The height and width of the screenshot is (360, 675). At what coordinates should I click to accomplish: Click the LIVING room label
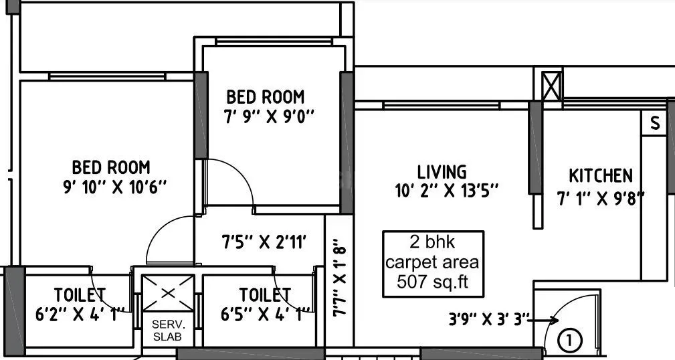pyautogui.click(x=442, y=172)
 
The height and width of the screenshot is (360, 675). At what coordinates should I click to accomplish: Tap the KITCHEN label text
pyautogui.click(x=600, y=176)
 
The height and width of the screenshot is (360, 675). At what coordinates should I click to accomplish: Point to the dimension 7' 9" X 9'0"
pyautogui.click(x=269, y=116)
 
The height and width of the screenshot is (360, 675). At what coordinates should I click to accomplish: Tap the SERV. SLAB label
pyautogui.click(x=167, y=331)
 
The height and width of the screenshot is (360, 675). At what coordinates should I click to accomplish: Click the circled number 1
pyautogui.click(x=569, y=341)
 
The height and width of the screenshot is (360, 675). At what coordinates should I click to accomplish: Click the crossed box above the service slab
pyautogui.click(x=167, y=292)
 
